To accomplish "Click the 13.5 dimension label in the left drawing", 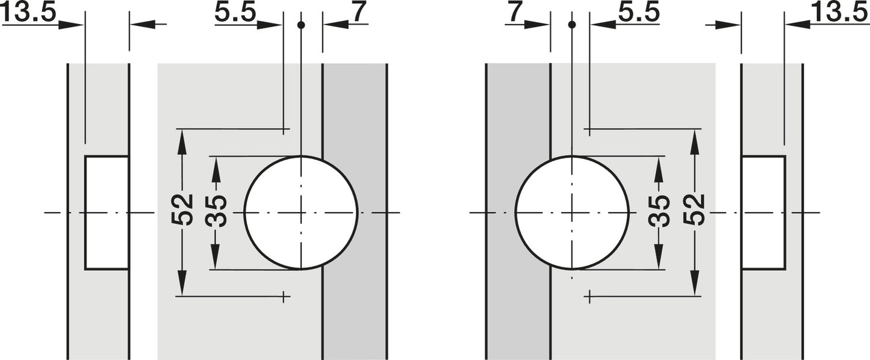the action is point(29,13).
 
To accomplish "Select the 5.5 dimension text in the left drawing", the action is point(235,13).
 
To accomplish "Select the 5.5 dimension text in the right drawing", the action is point(639,13).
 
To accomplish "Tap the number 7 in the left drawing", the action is point(359,13).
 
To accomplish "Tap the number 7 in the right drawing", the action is point(514,13).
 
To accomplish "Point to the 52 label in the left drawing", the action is point(182,210).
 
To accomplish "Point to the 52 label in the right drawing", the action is point(694,210).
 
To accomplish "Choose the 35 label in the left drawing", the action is point(216,210).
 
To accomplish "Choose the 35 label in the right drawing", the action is point(659,210).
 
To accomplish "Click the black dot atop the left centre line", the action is point(300,25).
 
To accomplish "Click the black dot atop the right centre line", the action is point(572,25).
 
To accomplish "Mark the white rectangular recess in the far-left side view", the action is point(107,213).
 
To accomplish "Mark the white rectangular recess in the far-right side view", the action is point(763,213).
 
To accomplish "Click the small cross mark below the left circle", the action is point(284,297).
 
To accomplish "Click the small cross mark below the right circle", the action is point(589,297).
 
